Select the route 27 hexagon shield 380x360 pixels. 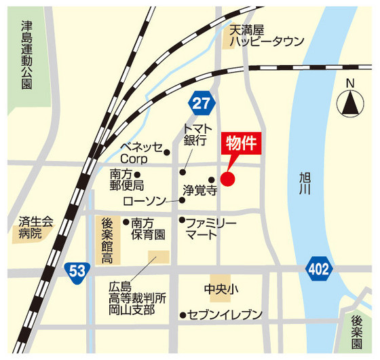[x=202, y=103]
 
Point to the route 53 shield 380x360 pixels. [x=77, y=271]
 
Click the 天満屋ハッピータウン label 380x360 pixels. [x=265, y=36]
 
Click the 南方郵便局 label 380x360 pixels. [x=126, y=179]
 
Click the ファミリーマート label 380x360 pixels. [x=211, y=228]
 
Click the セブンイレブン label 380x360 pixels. [x=225, y=314]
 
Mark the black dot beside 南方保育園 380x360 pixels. [x=126, y=221]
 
